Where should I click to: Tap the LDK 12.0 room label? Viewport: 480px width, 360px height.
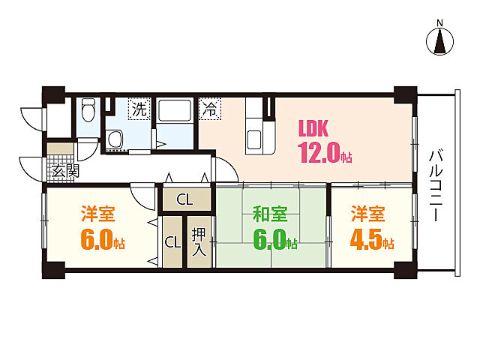click(x=325, y=141)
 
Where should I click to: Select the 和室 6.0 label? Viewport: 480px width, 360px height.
click(x=274, y=228)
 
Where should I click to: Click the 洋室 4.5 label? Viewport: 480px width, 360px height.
click(x=372, y=228)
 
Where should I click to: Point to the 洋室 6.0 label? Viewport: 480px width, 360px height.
click(x=102, y=228)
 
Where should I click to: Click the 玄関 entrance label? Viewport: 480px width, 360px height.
click(x=65, y=171)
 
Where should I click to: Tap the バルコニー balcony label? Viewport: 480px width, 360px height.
click(x=436, y=185)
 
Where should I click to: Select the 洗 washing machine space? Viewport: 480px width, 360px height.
click(x=139, y=109)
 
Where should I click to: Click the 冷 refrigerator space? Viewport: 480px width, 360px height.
click(x=210, y=109)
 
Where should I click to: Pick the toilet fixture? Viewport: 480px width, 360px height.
click(x=88, y=109)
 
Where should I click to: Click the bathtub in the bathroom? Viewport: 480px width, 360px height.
click(x=175, y=110)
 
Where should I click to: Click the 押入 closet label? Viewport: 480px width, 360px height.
click(x=199, y=242)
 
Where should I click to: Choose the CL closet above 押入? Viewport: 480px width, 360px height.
click(x=187, y=199)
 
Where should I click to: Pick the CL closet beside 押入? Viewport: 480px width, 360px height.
click(x=172, y=242)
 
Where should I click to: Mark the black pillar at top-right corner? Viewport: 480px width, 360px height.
click(x=405, y=95)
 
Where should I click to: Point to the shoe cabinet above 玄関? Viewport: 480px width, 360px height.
click(x=60, y=148)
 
